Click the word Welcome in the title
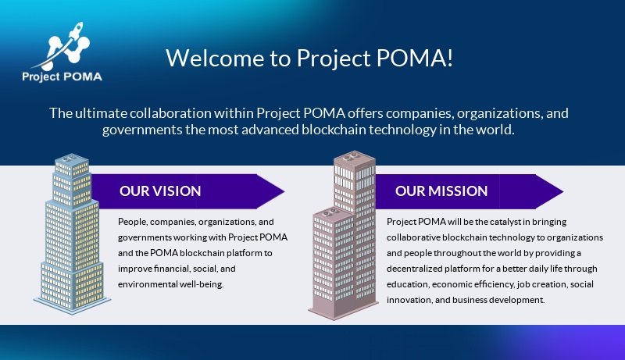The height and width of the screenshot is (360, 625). point(215,58)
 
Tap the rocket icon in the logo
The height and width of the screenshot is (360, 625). point(76,31)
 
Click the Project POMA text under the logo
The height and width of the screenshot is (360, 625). point(62,77)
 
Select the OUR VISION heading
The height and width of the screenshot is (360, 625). point(160,191)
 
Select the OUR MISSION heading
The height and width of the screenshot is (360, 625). point(441,191)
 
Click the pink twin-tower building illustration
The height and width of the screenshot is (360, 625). point(344,235)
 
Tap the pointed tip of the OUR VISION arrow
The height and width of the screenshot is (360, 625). point(284,191)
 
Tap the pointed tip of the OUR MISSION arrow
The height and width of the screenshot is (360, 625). point(562,191)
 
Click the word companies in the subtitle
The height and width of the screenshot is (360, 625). point(420,113)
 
